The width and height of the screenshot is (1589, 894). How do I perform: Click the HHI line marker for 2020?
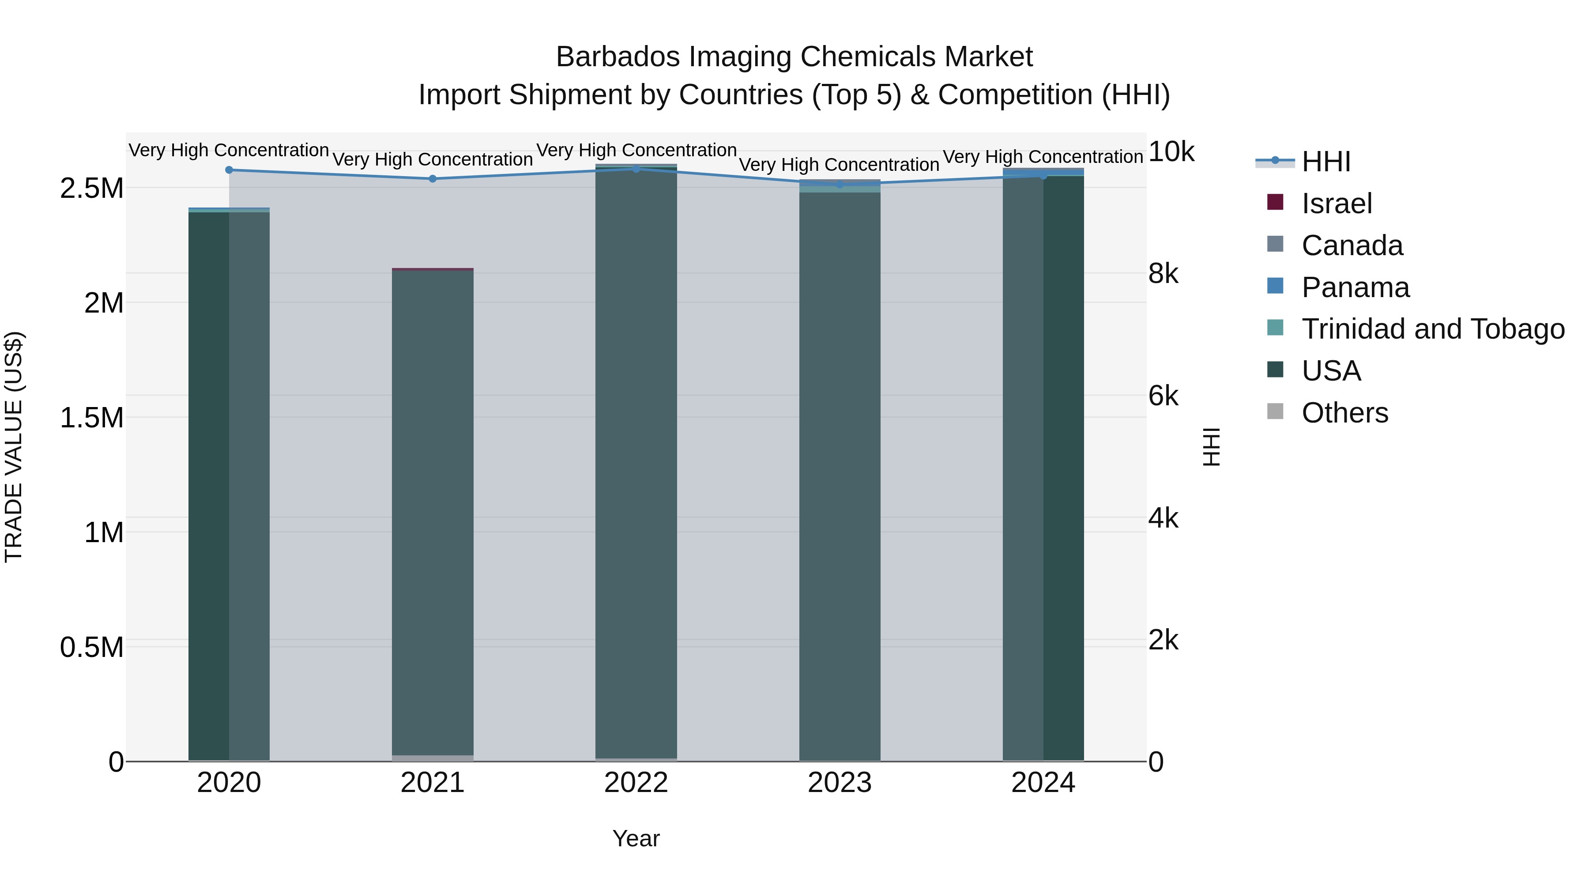[x=229, y=170]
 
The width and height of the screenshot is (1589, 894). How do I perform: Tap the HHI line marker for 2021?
[x=433, y=179]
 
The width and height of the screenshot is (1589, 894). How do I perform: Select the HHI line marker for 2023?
[x=840, y=184]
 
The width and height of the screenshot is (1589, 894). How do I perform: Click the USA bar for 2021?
[x=433, y=512]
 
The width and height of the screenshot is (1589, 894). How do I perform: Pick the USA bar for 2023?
[x=840, y=475]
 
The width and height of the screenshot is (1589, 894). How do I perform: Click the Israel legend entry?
[x=1337, y=204]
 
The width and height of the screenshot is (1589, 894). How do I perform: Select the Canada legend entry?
[x=1352, y=245]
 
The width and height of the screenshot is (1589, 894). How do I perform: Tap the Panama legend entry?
[x=1355, y=287]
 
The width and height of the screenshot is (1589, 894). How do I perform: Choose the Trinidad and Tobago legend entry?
[x=1432, y=329]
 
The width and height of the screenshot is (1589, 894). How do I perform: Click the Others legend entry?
[x=1345, y=413]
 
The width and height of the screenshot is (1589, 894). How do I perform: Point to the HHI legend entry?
[x=1326, y=162]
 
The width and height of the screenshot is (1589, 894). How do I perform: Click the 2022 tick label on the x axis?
[x=636, y=783]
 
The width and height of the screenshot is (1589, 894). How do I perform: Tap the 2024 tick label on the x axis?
[x=1043, y=783]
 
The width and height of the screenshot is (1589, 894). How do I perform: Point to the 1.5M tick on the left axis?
[x=92, y=418]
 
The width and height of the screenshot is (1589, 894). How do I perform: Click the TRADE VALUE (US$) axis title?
[x=14, y=447]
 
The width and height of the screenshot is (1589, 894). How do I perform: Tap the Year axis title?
[x=636, y=838]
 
